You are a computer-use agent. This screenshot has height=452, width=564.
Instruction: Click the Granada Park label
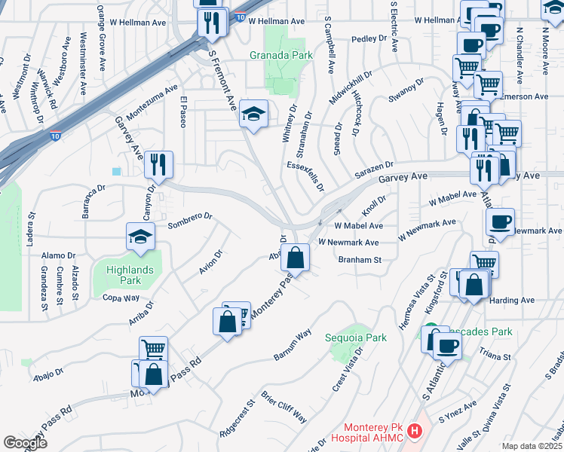pos(280,54)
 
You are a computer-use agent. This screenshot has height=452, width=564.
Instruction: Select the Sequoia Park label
pos(356,337)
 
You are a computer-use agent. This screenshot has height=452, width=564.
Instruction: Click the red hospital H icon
pos(413,432)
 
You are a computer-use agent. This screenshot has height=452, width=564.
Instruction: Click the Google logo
pos(25,443)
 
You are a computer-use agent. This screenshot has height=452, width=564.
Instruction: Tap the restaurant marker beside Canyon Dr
pos(158,164)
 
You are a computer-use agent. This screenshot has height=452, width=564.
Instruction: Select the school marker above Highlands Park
pos(140,237)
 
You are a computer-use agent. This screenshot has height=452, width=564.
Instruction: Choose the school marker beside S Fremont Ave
pos(253,114)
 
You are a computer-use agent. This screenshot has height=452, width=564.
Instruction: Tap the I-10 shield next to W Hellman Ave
pos(239,16)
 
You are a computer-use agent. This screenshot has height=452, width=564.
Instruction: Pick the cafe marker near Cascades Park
pos(446,346)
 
